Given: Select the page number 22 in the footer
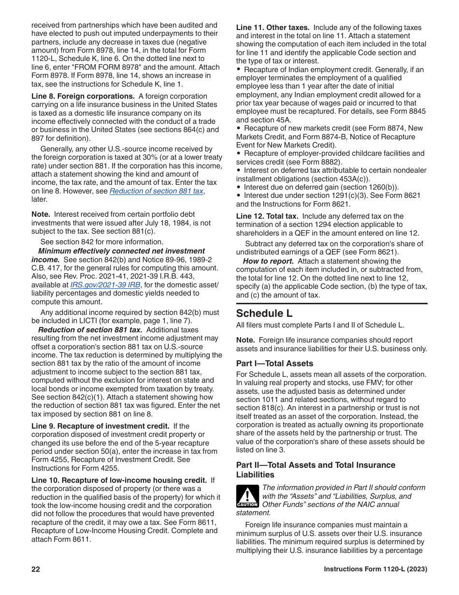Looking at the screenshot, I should coord(36,569).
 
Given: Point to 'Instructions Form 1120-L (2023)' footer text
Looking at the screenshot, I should coord(375,569).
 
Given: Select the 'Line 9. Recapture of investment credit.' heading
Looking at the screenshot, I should coord(100,426).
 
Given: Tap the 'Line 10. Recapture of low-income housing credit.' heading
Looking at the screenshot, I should coord(119,480).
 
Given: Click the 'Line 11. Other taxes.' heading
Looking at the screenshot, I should coord(273,28).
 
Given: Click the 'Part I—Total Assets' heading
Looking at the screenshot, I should coord(274,363).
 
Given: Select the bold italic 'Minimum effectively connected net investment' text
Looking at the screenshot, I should coord(121,251).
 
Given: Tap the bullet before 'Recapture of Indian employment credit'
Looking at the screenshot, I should coord(239,70).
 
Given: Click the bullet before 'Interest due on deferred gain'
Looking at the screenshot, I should coord(239,187).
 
